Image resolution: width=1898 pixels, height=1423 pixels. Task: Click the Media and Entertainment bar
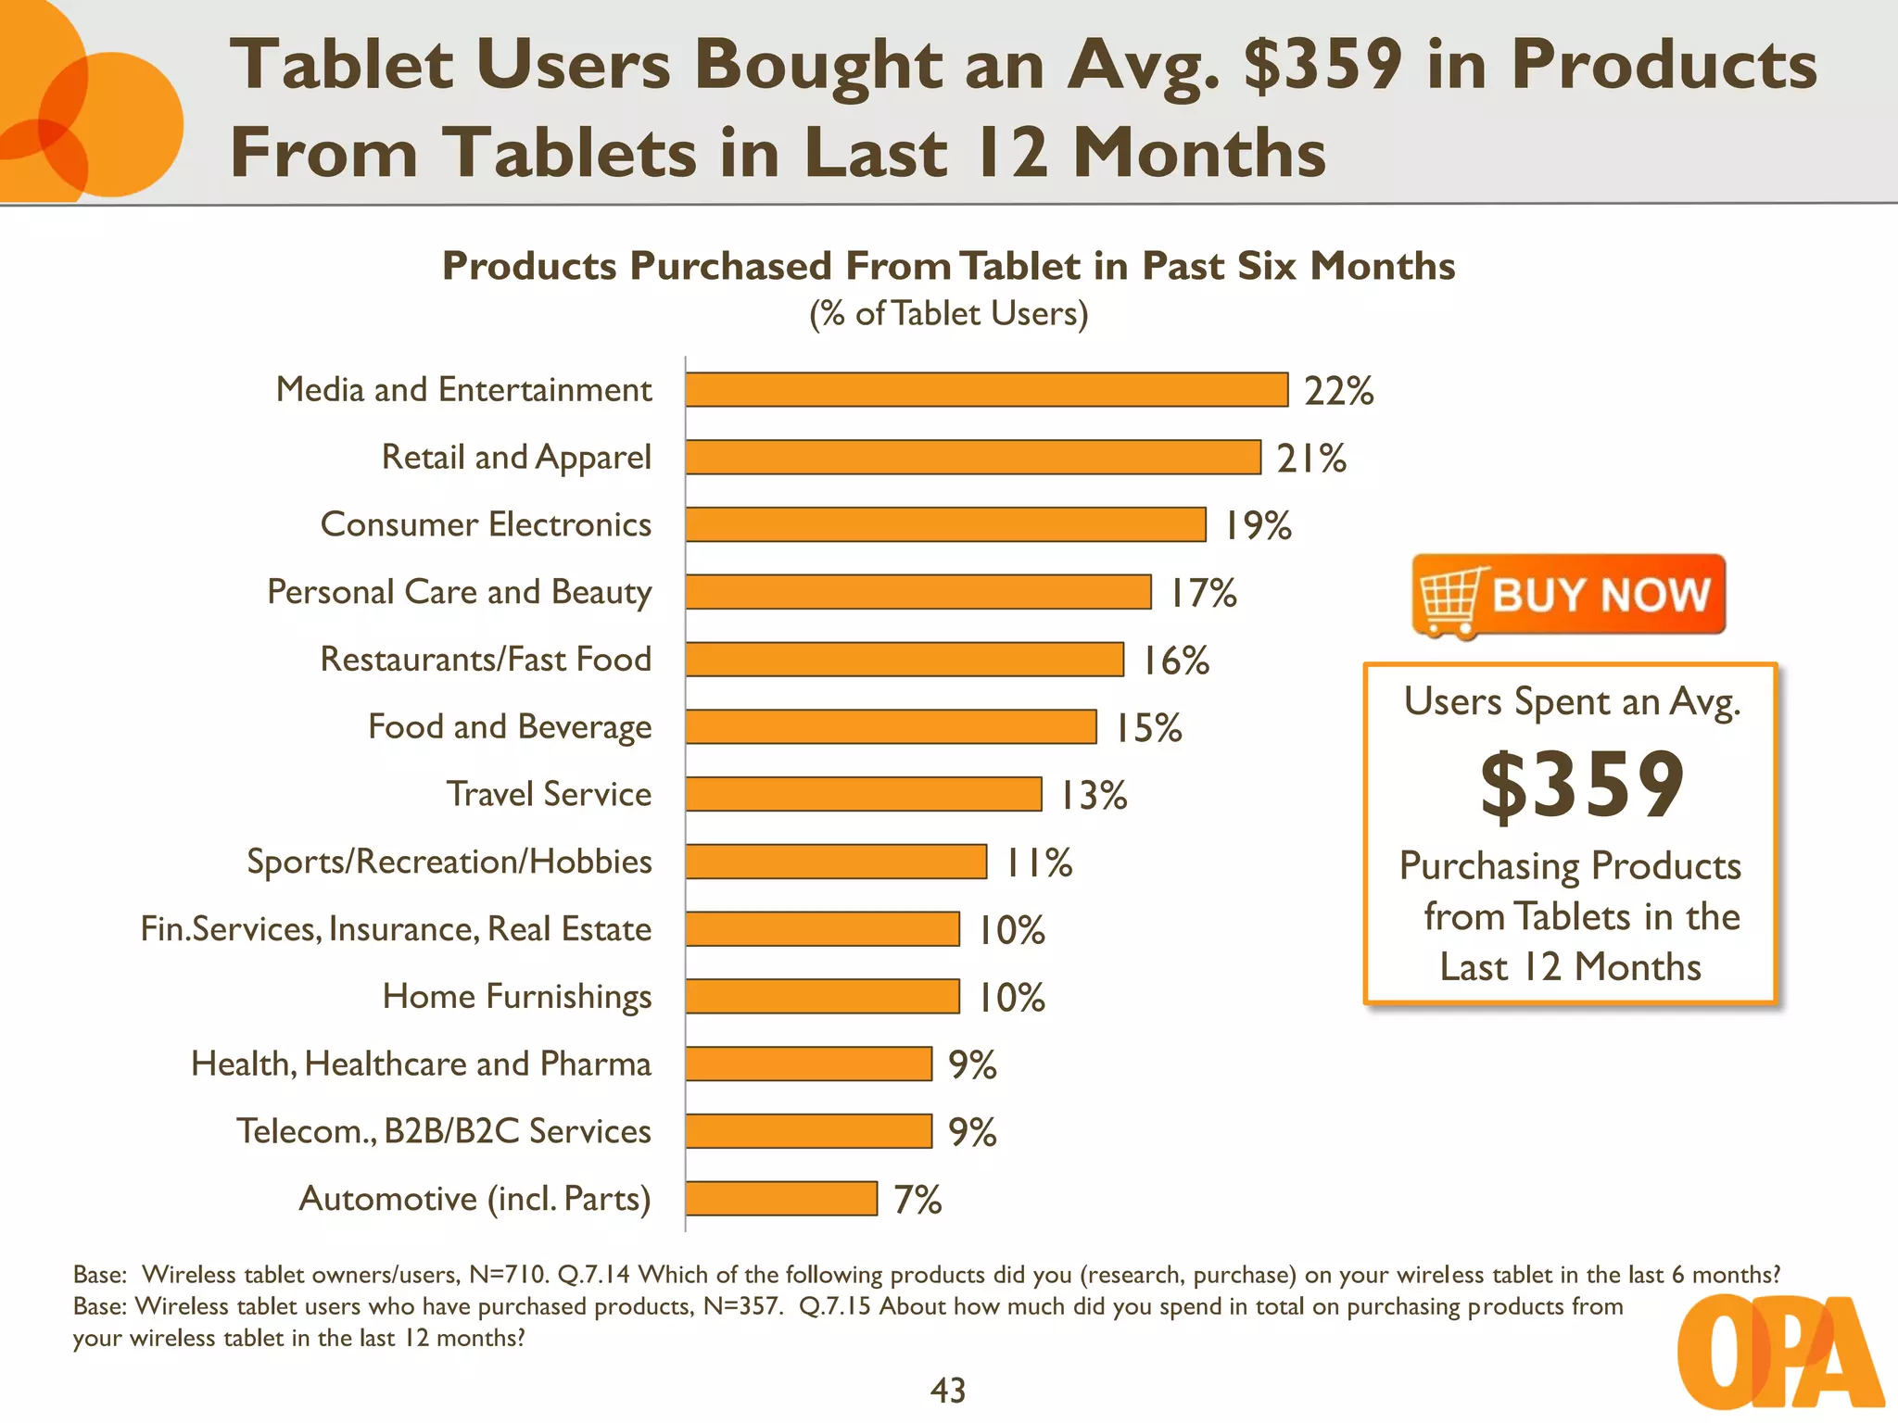986,390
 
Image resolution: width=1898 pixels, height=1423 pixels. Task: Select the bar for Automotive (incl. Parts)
781,1199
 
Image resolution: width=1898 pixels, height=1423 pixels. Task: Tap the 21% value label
1310,459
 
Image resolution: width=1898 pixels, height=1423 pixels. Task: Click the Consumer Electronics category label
486,525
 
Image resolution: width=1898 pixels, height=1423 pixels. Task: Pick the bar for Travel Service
864,795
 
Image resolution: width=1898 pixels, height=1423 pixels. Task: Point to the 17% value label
1202,593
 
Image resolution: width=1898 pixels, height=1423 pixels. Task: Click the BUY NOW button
1568,595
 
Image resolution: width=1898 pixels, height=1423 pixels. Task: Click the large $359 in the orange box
1581,786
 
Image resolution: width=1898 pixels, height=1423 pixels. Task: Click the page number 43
947,1391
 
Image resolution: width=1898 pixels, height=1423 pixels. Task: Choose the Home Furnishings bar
822,997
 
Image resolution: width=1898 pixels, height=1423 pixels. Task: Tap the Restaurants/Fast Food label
486,660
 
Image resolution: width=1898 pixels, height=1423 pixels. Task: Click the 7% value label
917,1201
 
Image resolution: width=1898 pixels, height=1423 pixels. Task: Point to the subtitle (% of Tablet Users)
948,314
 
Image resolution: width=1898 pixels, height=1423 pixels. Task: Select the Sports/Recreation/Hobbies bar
836,862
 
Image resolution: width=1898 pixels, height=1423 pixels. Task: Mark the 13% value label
1093,796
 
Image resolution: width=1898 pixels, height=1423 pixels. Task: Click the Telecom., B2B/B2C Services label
444,1132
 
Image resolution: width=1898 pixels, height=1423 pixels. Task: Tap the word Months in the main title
1199,154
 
